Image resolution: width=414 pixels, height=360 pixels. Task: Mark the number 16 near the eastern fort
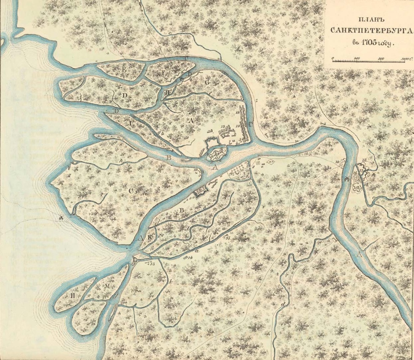coord(354,174)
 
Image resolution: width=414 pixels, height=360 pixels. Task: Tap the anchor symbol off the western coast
coord(61,218)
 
